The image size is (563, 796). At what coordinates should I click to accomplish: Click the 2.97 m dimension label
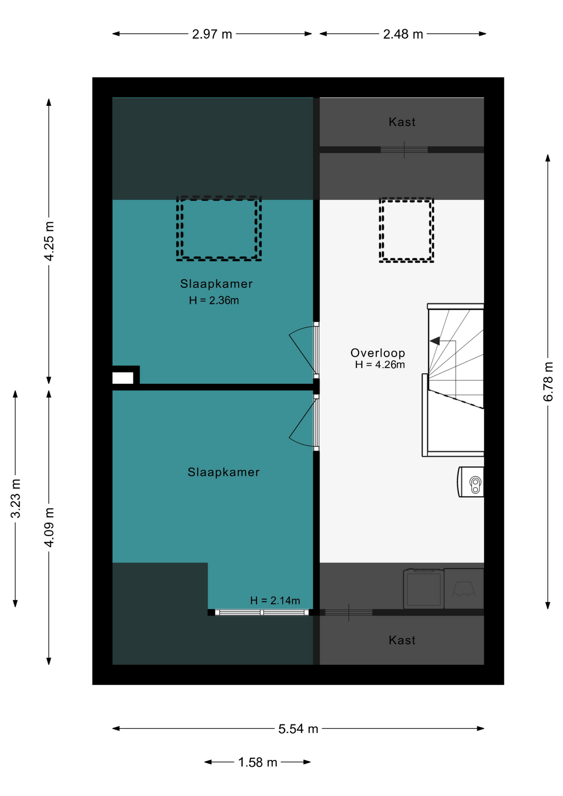click(212, 34)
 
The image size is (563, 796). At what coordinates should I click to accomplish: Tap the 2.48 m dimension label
click(403, 34)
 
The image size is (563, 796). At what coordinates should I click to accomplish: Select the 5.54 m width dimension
click(298, 728)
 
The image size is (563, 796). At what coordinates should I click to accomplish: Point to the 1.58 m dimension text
click(257, 762)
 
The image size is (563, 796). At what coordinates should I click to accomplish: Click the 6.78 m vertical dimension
click(548, 381)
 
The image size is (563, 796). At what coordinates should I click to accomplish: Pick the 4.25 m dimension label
click(49, 241)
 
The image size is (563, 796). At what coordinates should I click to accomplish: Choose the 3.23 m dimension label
click(16, 498)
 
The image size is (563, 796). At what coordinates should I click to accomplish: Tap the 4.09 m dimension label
click(49, 527)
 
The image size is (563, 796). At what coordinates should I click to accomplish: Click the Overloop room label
click(378, 353)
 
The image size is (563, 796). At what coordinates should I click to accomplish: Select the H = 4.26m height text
click(380, 365)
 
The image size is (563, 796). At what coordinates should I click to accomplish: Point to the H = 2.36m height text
click(214, 301)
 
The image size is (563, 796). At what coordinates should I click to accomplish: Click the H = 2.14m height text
click(275, 600)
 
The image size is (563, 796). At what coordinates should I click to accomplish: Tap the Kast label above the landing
click(402, 122)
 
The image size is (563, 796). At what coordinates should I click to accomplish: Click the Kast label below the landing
click(402, 640)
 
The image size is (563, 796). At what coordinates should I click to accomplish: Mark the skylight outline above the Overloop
click(406, 199)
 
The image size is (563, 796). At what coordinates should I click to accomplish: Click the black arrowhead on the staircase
click(435, 341)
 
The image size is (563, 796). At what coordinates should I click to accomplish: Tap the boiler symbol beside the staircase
click(471, 482)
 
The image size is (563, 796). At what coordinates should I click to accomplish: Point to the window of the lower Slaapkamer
click(262, 612)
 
